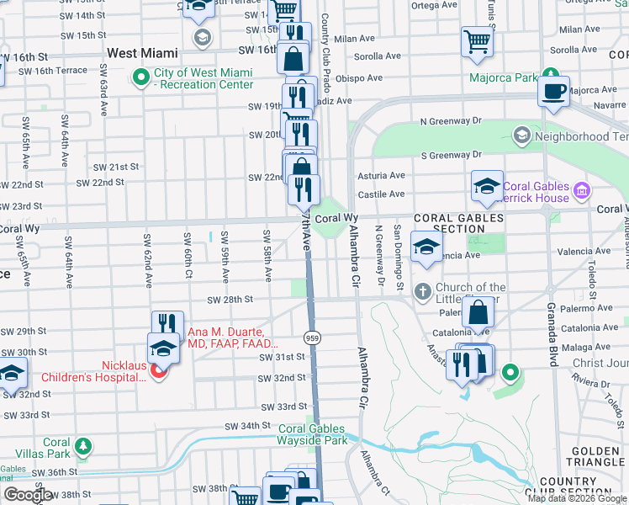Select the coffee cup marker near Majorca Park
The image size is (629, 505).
[553, 92]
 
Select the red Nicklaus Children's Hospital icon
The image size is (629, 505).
[157, 371]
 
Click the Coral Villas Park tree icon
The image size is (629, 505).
[82, 445]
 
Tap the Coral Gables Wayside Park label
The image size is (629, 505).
[313, 434]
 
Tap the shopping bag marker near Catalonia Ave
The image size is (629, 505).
[478, 312]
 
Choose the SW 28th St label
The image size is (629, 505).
[231, 299]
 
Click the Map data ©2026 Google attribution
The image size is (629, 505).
[576, 498]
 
